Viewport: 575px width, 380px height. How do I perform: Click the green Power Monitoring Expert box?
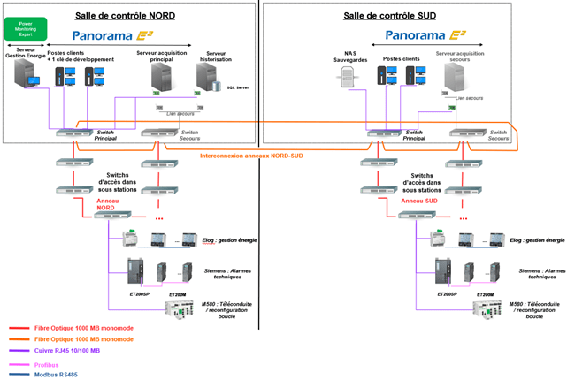click(x=26, y=28)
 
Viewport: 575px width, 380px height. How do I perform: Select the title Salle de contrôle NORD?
click(x=127, y=13)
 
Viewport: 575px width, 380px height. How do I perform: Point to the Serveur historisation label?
click(x=216, y=56)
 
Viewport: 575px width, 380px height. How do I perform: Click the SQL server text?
click(x=238, y=88)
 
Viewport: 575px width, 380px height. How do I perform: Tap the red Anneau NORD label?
click(x=112, y=204)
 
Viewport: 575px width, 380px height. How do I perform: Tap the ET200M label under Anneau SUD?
click(x=485, y=294)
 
